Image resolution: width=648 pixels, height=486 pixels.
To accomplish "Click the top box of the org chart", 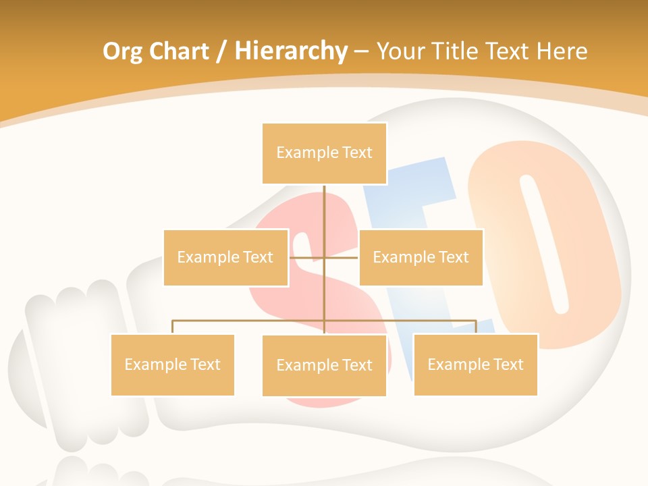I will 324,153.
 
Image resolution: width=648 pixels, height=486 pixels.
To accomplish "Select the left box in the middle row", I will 225,257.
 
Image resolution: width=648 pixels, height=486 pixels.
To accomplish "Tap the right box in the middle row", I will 421,257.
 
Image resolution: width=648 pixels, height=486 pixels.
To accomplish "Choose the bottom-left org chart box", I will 172,364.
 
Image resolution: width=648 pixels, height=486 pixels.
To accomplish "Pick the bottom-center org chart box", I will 324,365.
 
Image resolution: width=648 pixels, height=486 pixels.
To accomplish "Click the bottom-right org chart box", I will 475,364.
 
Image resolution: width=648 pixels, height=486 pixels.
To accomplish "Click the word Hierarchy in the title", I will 291,51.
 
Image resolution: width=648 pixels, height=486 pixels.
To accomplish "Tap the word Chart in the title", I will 180,51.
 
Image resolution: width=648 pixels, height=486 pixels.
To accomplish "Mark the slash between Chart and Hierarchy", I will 222,51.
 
